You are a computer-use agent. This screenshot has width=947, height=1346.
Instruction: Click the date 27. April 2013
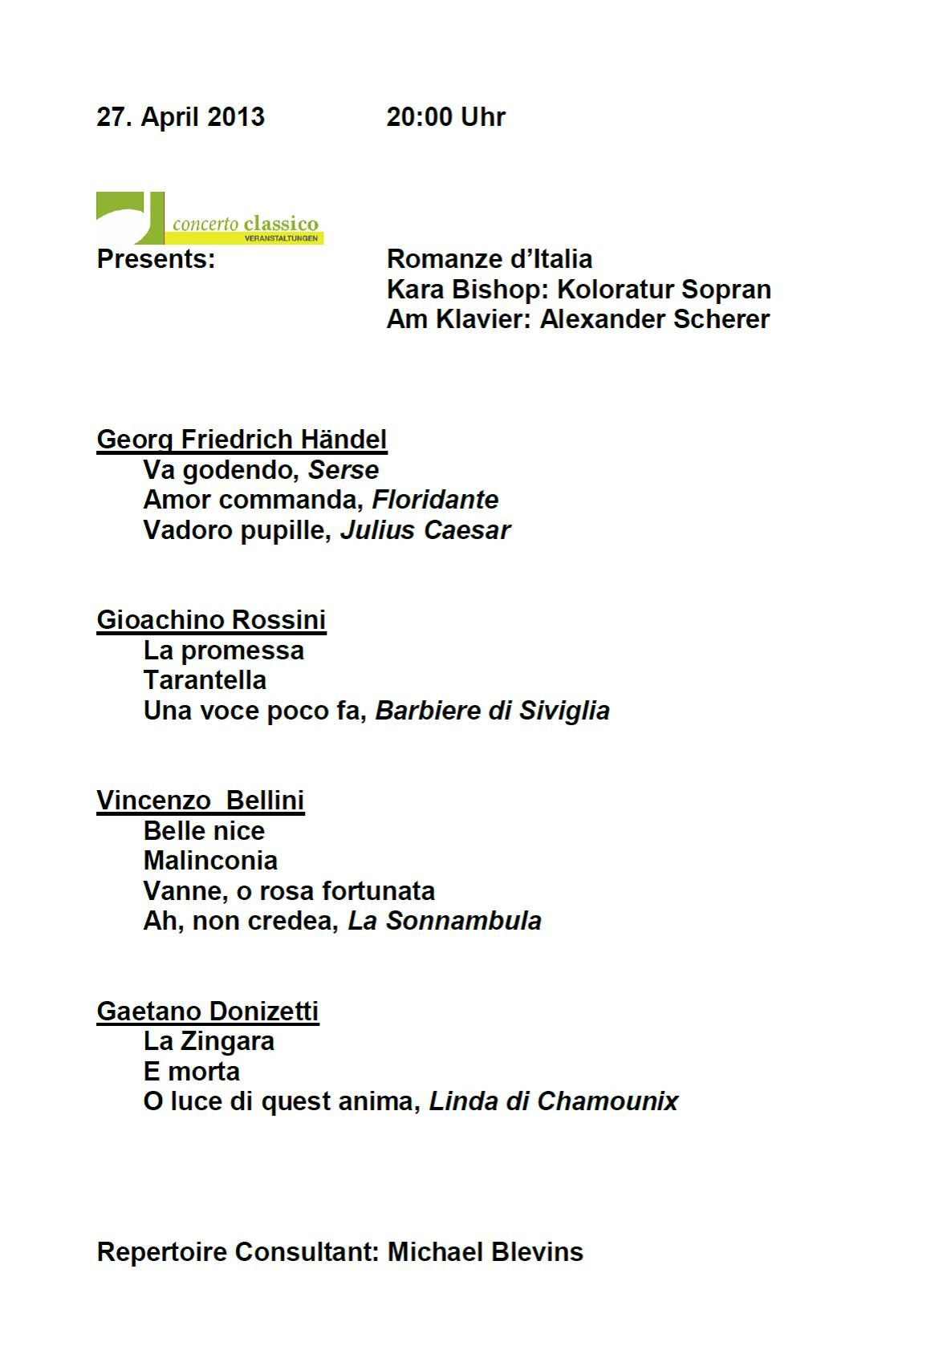click(x=181, y=117)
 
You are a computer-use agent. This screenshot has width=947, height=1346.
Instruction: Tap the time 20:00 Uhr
click(x=445, y=117)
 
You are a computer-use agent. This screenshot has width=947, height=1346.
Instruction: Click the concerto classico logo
click(x=209, y=218)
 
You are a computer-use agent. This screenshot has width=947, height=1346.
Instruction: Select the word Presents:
click(x=156, y=259)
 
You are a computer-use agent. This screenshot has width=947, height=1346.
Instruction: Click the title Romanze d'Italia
click(x=489, y=259)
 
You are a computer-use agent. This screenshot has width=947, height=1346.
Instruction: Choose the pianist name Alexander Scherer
click(x=654, y=319)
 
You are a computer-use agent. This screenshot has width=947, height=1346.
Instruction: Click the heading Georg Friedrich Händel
click(x=242, y=440)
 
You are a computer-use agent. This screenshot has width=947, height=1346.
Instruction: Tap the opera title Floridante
click(x=435, y=500)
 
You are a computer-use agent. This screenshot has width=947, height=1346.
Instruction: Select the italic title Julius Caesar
click(x=425, y=530)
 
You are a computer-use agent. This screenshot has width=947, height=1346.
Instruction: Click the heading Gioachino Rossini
click(x=211, y=620)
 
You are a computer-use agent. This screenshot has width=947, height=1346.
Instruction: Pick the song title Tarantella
click(x=205, y=680)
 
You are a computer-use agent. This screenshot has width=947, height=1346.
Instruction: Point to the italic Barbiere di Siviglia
click(x=492, y=711)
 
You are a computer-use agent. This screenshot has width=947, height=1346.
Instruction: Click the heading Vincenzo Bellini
click(x=201, y=801)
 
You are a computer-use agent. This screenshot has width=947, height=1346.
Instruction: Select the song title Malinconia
click(x=210, y=861)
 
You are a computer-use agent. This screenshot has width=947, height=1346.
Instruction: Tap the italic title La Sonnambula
click(x=444, y=921)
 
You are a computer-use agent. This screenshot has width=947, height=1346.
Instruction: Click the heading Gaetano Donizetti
click(x=208, y=1012)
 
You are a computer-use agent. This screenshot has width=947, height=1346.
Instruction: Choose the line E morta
click(x=191, y=1072)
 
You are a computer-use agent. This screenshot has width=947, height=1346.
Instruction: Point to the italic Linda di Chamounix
click(x=554, y=1101)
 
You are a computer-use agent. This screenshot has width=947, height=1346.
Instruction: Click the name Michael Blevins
click(x=485, y=1252)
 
